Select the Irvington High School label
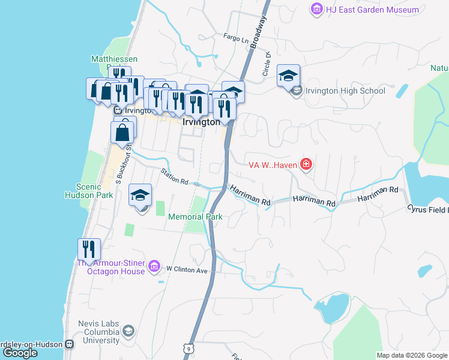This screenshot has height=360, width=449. pos(345,91)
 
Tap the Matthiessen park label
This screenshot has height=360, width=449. pos(114,59)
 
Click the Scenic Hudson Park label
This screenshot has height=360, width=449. pos(87,191)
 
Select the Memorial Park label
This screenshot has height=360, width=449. pos(196,217)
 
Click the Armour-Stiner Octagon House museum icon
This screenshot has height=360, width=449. pos(154,265)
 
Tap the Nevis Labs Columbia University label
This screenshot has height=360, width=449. pos(98,332)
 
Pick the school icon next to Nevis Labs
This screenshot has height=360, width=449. pos(128,331)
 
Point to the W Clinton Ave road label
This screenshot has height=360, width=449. pos(187,270)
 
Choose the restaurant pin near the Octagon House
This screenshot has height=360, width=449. pos(89,250)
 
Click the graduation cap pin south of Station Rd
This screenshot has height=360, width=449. pos(140,195)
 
